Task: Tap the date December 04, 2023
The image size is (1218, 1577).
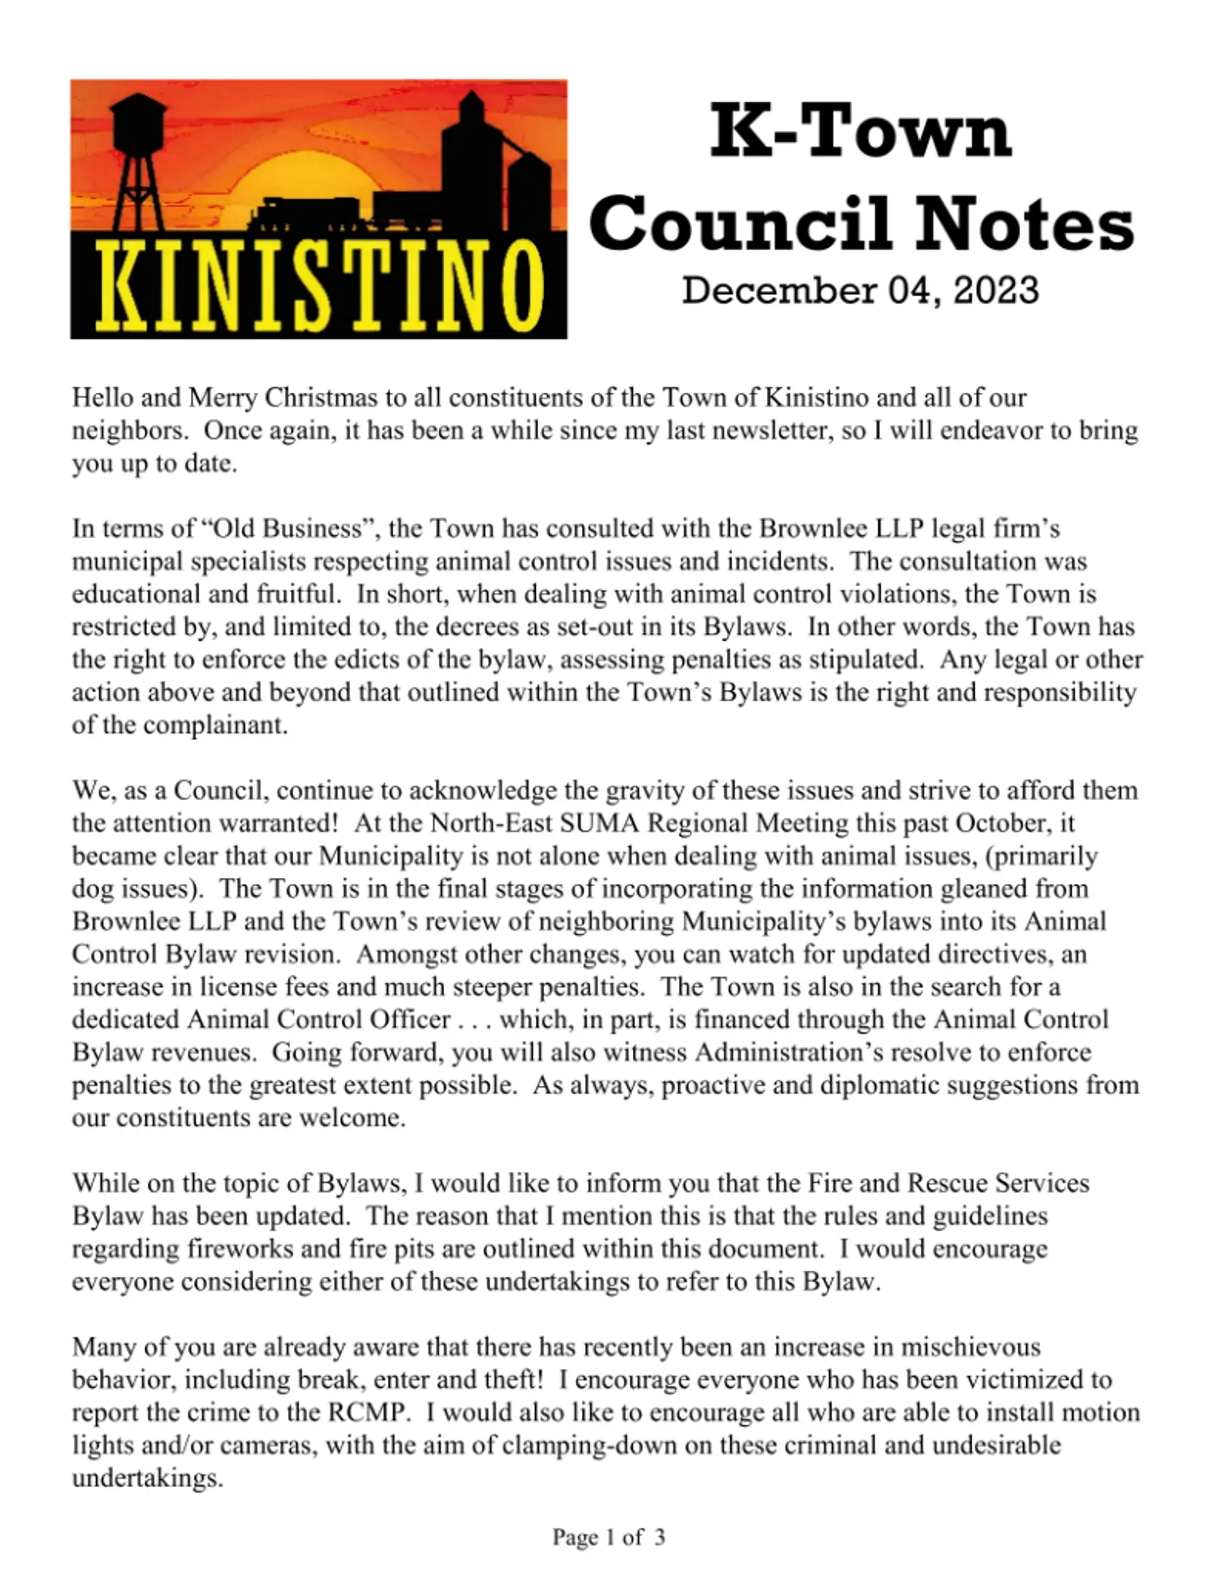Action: tap(860, 290)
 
